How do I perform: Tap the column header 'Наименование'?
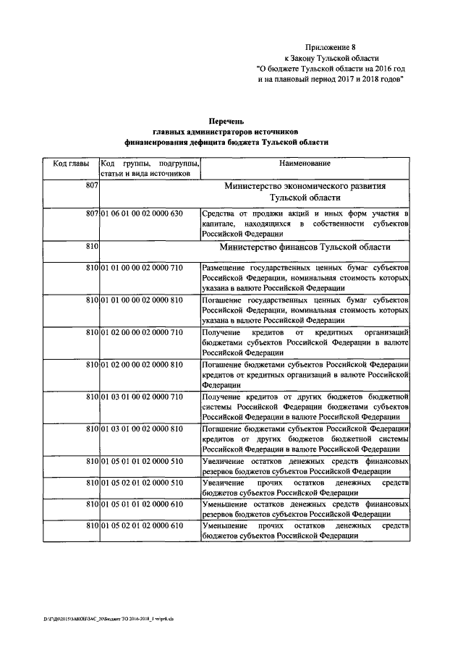click(305, 164)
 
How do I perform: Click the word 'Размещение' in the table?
click(226, 269)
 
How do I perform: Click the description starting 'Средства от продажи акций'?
click(305, 224)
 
